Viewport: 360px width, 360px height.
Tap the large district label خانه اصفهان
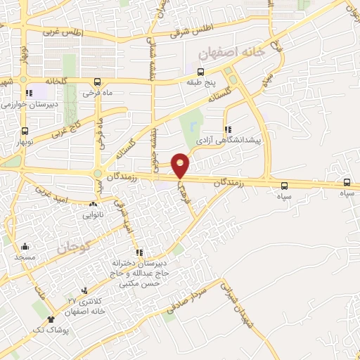pos(231,51)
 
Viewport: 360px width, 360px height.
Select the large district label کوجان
pos(71,247)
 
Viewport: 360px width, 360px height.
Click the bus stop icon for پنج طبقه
pos(201,72)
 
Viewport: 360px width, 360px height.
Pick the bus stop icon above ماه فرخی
pos(98,82)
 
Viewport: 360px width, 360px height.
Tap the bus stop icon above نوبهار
pos(25,131)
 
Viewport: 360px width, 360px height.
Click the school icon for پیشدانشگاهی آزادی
pos(227,129)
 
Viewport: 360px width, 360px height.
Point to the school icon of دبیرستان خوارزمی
pos(29,93)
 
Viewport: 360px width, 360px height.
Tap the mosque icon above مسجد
pos(25,246)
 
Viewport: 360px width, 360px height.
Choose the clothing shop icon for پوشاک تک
pos(50,320)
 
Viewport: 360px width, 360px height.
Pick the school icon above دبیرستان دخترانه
pos(139,252)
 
